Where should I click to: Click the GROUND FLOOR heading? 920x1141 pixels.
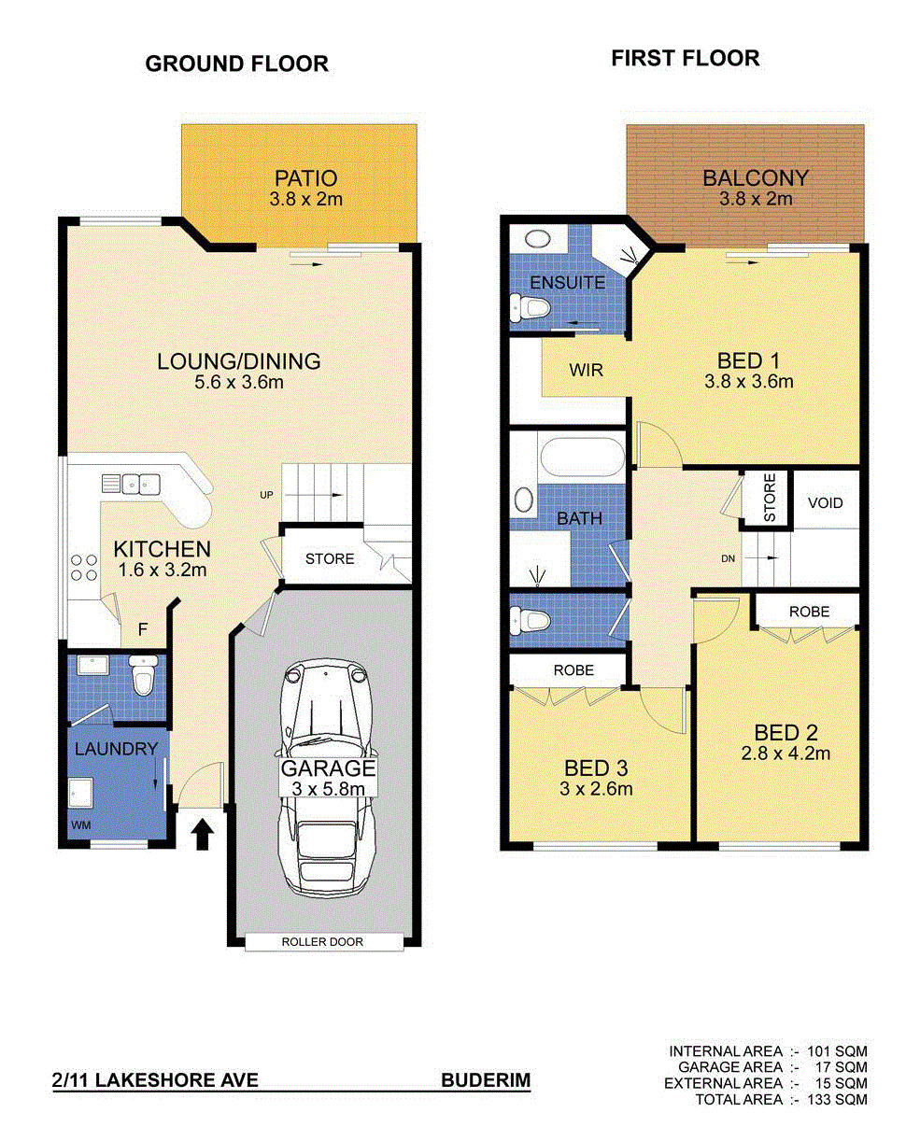click(236, 63)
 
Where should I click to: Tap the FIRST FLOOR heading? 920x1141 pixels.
click(685, 58)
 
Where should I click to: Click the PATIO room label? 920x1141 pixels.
click(305, 178)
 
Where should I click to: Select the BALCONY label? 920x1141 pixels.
click(756, 178)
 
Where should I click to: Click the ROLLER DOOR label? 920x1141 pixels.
click(322, 942)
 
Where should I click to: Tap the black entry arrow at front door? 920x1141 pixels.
click(202, 835)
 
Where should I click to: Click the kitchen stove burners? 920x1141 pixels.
click(84, 568)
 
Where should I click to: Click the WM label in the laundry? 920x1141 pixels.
click(80, 825)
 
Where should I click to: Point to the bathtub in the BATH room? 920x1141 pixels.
click(582, 456)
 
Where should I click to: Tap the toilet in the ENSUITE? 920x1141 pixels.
click(530, 308)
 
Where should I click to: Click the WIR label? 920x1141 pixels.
click(586, 370)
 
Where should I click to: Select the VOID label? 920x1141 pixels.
click(825, 502)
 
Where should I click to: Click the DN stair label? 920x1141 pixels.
click(728, 558)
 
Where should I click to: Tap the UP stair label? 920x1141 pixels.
click(266, 495)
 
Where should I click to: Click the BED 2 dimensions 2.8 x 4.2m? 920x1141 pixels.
click(786, 754)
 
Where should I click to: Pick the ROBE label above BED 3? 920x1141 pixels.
click(573, 670)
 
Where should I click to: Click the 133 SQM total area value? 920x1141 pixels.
click(837, 1100)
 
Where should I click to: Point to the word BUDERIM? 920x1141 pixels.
click(486, 1080)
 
